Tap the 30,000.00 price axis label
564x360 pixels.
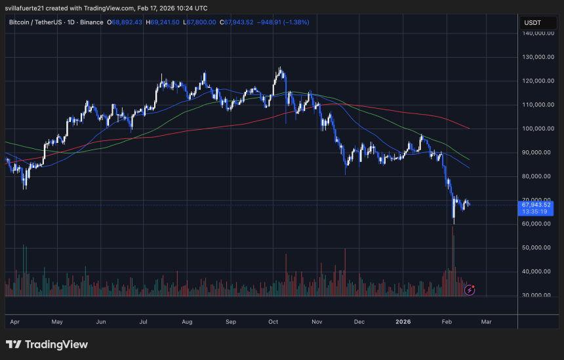(536, 295)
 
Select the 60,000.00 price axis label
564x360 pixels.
(536, 224)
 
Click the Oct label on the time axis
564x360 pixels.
(273, 323)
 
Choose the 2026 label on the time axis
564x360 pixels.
(403, 323)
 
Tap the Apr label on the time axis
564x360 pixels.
(14, 323)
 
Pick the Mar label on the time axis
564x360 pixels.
(486, 323)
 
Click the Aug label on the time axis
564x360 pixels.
(186, 323)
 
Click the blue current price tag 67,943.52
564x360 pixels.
(536, 205)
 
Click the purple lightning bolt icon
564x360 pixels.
(470, 289)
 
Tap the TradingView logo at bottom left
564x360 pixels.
(47, 345)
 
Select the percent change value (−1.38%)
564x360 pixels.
(295, 22)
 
